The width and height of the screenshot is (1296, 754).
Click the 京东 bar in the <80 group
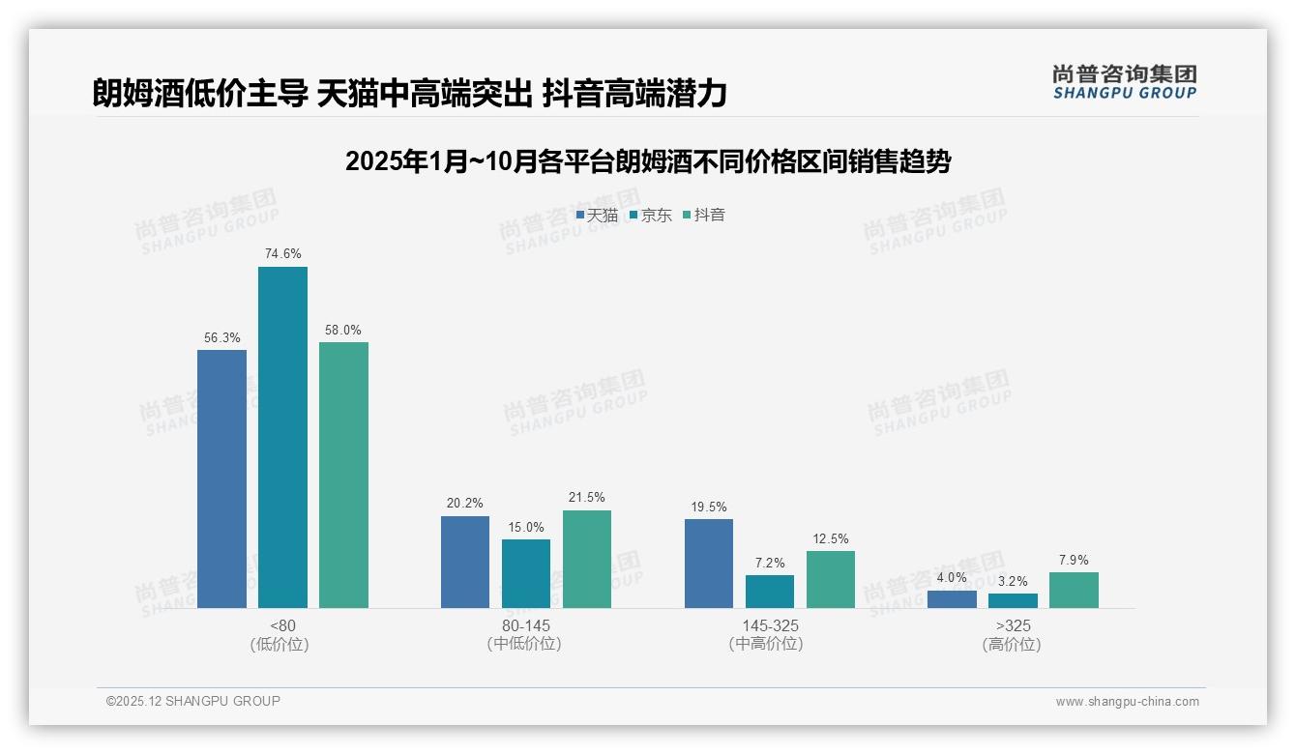pyautogui.click(x=282, y=437)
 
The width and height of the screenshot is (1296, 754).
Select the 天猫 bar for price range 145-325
pyautogui.click(x=709, y=564)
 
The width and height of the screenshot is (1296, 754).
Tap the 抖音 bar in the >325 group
pyautogui.click(x=1074, y=590)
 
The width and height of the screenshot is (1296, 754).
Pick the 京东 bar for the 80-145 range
pyautogui.click(x=526, y=573)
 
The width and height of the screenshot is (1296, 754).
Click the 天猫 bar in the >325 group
pyautogui.click(x=952, y=599)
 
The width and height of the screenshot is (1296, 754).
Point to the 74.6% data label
pyautogui.click(x=282, y=254)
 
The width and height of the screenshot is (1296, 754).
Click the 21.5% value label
pyautogui.click(x=587, y=498)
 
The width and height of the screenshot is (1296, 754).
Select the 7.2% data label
pyautogui.click(x=770, y=563)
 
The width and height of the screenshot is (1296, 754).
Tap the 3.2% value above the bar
pyautogui.click(x=1013, y=581)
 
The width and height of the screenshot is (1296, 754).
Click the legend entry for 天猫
pyautogui.click(x=597, y=216)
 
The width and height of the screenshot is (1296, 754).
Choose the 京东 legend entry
pyautogui.click(x=651, y=216)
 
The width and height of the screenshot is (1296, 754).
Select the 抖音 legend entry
pyautogui.click(x=704, y=216)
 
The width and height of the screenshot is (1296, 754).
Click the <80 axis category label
pyautogui.click(x=282, y=625)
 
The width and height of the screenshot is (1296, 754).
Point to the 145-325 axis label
pyautogui.click(x=770, y=625)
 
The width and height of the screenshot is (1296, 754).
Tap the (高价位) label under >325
pyautogui.click(x=1012, y=644)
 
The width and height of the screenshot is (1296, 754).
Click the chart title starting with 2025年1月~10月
pyautogui.click(x=648, y=161)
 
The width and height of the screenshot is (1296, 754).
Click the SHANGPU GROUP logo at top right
pyautogui.click(x=1124, y=82)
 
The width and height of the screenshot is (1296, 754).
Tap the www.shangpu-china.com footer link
pyautogui.click(x=1127, y=702)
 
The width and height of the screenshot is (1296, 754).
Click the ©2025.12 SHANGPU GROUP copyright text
pyautogui.click(x=193, y=701)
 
